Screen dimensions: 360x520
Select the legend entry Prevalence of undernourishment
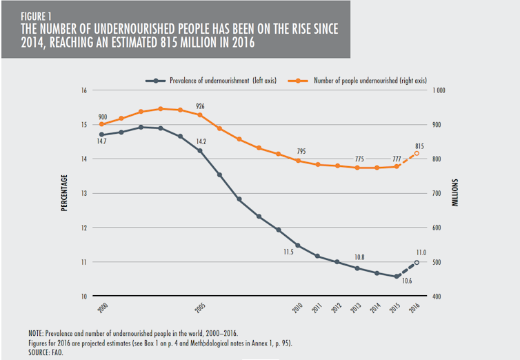pyautogui.click(x=222, y=81)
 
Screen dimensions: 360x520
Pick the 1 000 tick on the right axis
pyautogui.click(x=439, y=90)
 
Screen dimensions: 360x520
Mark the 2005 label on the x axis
pyautogui.click(x=200, y=306)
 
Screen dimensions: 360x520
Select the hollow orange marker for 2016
pyautogui.click(x=417, y=153)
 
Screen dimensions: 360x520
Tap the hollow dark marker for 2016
pyautogui.click(x=417, y=262)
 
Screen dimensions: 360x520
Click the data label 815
pyautogui.click(x=419, y=145)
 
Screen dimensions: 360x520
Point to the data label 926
pyautogui.click(x=200, y=106)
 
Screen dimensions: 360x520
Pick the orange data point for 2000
pyautogui.click(x=101, y=124)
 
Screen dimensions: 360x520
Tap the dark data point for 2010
pyautogui.click(x=298, y=246)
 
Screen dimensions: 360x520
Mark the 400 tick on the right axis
pyautogui.click(x=437, y=297)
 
